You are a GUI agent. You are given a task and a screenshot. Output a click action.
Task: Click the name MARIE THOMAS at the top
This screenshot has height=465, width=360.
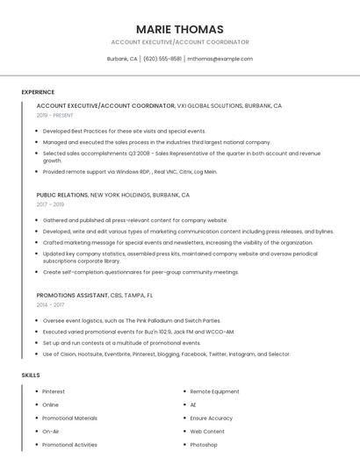[179, 29]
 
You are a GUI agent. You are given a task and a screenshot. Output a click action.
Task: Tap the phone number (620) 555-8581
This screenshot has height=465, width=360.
[162, 59]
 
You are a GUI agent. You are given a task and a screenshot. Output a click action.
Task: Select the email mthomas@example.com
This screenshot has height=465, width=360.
[220, 59]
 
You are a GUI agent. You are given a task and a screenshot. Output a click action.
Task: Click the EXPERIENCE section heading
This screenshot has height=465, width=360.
[38, 92]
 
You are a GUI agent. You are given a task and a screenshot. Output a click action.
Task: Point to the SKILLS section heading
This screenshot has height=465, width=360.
[31, 375]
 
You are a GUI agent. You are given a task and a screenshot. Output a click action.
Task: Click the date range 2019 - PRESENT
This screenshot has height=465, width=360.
[55, 115]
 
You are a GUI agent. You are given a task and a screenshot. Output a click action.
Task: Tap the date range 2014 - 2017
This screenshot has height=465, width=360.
[50, 304]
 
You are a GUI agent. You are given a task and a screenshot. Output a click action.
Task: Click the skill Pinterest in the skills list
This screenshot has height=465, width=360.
[54, 391]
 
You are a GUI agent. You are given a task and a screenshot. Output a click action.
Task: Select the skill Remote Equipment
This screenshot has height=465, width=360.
[214, 391]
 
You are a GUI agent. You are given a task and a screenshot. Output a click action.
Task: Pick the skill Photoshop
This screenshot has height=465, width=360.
[204, 445]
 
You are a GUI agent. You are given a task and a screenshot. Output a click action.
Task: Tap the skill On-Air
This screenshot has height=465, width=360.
[51, 432]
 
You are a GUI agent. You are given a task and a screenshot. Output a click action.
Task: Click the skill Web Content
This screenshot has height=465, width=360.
[207, 432]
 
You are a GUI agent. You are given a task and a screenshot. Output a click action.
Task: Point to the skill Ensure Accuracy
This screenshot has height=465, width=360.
[212, 418]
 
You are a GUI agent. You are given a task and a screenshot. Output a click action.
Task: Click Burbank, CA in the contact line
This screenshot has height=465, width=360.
[122, 59]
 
